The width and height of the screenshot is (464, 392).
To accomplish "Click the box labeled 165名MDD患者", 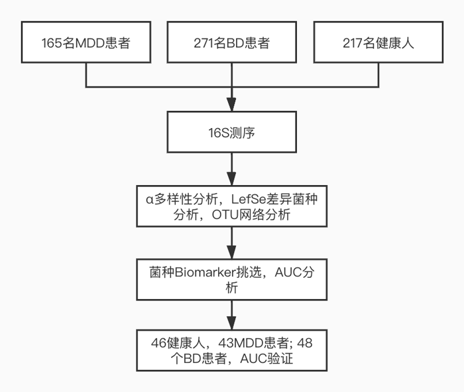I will click(x=86, y=43).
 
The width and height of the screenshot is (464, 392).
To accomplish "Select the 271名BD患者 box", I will click(x=231, y=43).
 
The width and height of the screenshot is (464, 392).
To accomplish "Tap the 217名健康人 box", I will click(x=378, y=43).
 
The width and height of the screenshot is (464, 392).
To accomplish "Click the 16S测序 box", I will click(x=231, y=133).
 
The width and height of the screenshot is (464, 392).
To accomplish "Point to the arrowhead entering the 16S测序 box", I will click(x=231, y=104).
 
